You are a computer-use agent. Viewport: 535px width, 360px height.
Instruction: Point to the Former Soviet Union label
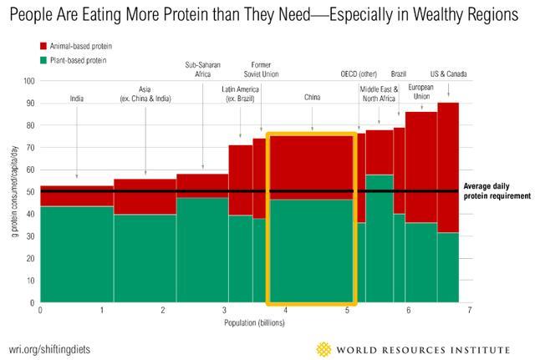click(x=261, y=69)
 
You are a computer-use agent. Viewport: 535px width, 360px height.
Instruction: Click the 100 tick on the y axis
click(x=29, y=81)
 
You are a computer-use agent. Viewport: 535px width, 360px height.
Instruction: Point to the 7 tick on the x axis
click(x=470, y=311)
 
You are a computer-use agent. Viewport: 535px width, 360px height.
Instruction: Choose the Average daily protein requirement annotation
click(x=497, y=191)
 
